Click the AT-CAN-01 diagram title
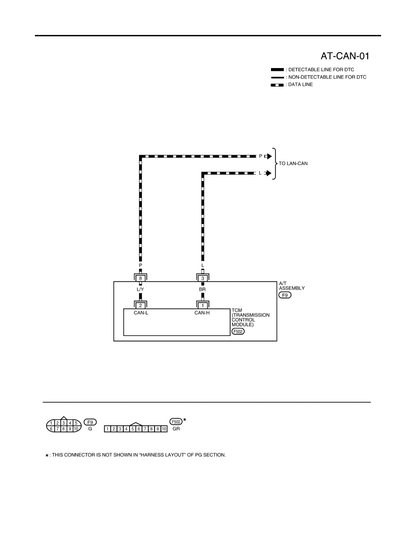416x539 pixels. coord(345,56)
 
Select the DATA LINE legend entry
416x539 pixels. coord(292,84)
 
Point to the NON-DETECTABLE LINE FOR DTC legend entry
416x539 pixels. coord(319,77)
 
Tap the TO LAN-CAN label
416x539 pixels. coord(293,163)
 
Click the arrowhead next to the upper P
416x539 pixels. coord(270,157)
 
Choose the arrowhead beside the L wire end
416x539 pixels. coord(269,173)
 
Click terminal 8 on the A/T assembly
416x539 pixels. coord(140,278)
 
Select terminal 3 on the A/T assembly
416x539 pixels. coord(203,278)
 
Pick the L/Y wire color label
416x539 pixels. coord(140,289)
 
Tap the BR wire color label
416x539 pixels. coord(202,289)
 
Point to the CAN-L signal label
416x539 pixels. coord(141,313)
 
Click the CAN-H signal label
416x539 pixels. coord(202,313)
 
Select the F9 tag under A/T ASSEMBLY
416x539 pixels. coord(285,295)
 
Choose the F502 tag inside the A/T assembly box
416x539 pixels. coord(238,331)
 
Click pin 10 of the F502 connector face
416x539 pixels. coord(164,429)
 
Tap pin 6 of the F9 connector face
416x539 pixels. coord(51,429)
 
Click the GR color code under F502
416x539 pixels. coord(176,429)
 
